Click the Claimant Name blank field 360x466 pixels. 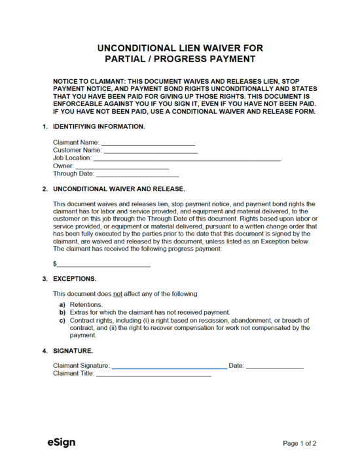coord(148,142)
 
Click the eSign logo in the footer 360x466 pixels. coord(61,442)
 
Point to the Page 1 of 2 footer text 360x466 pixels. coord(300,443)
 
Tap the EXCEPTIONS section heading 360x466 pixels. coord(75,278)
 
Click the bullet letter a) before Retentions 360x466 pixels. coord(62,305)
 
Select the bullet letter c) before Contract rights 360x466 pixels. coord(62,320)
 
